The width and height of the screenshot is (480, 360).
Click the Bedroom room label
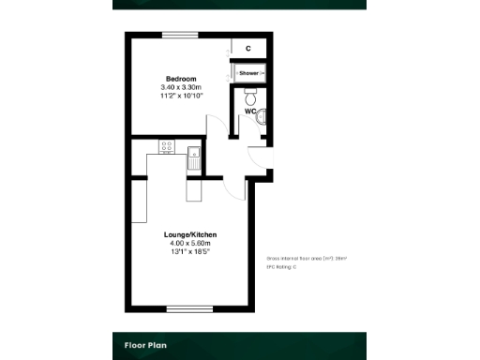[182, 78]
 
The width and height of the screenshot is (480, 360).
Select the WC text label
[250, 112]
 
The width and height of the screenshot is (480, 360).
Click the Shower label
[248, 72]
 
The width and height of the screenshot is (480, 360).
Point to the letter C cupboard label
[247, 48]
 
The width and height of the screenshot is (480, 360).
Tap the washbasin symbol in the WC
[262, 115]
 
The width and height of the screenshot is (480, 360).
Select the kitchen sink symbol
[194, 157]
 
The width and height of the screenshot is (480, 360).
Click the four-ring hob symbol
[167, 146]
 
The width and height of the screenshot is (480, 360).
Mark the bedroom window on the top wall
[180, 35]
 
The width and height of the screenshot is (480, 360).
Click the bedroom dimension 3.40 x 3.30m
[182, 87]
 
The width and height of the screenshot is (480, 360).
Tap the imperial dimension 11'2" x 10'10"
[182, 96]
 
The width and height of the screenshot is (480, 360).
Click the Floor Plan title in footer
[146, 345]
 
